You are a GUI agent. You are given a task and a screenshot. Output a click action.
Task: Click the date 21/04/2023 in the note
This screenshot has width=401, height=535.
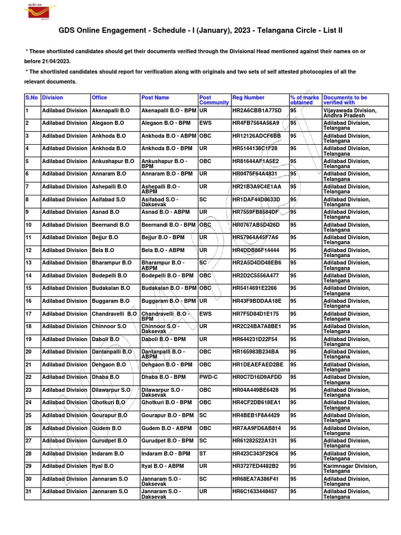click(47, 61)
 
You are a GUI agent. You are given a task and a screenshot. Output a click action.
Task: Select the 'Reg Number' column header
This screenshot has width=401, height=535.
click(249, 98)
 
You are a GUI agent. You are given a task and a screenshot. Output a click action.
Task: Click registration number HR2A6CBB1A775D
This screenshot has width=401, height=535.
click(257, 111)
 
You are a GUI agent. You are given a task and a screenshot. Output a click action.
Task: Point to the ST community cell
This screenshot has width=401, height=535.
click(203, 453)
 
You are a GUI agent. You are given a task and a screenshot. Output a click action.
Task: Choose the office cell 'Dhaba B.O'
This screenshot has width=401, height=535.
click(105, 377)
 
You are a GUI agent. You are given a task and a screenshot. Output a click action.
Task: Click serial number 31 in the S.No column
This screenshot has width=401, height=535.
click(29, 492)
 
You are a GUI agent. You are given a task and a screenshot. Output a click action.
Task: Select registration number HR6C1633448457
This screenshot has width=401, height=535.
click(256, 492)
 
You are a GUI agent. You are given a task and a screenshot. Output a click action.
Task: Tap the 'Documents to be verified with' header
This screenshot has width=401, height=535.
click(345, 100)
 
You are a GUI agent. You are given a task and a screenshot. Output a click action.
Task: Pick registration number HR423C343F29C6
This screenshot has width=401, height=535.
click(255, 453)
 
